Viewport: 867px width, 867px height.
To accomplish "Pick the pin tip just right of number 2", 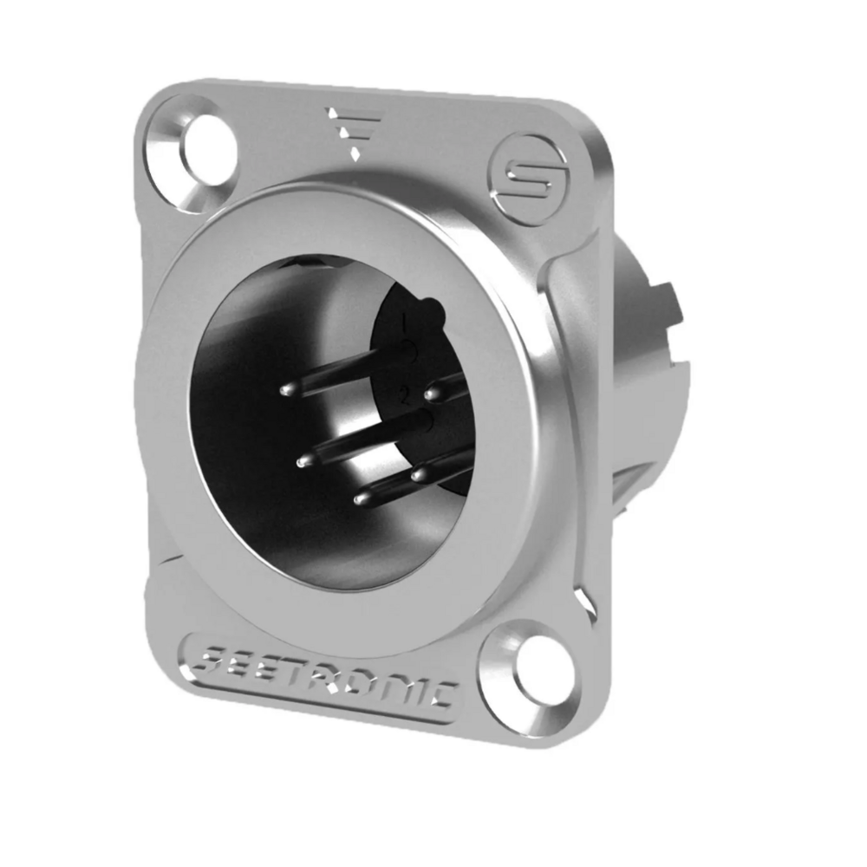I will (x=430, y=395).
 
